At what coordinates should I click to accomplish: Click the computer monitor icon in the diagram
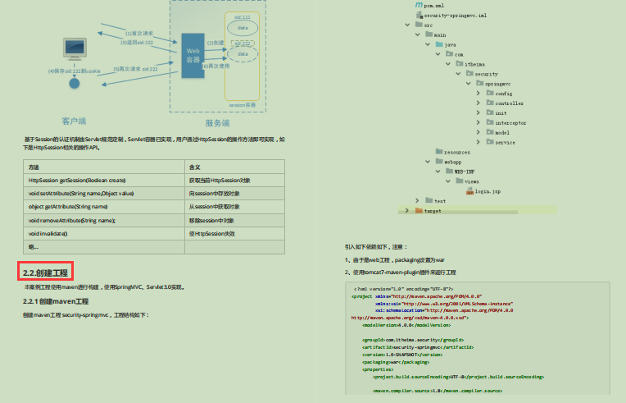pos(75,50)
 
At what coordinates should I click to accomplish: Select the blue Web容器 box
pos(193,55)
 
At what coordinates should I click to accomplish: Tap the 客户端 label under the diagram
pos(74,121)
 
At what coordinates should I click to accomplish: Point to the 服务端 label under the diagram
pos(217,122)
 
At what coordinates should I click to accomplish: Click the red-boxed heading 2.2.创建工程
pos(46,272)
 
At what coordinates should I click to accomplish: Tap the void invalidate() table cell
pos(48,234)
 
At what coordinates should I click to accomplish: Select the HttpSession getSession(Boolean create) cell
pos(77,180)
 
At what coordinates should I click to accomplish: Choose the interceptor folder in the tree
pos(510,122)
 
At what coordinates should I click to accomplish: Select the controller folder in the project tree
pos(509,103)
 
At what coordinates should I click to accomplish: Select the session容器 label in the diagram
pos(242,105)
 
